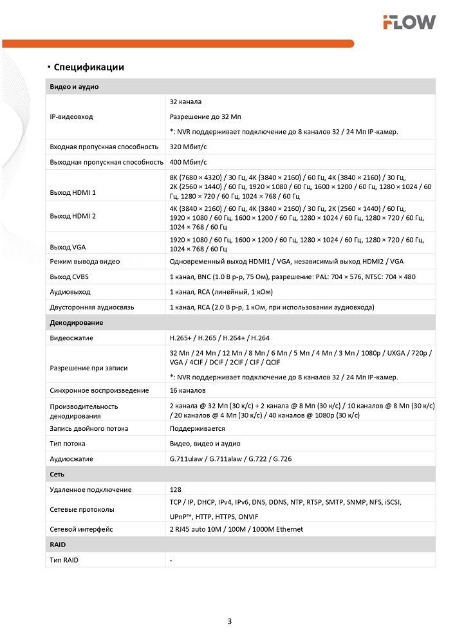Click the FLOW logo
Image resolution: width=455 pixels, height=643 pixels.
[409, 23]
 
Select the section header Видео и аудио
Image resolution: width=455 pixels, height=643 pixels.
[74, 86]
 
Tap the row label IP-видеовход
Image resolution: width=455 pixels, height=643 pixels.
[71, 117]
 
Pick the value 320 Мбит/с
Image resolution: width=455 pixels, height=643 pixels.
[188, 147]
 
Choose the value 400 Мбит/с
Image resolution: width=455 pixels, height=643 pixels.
[188, 162]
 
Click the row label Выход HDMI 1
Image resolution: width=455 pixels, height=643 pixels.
[73, 192]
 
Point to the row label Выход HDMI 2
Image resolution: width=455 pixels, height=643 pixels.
[73, 216]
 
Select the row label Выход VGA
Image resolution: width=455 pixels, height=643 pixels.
[68, 247]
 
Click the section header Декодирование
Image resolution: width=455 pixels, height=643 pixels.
[77, 322]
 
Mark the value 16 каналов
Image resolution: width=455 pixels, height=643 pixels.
[187, 390]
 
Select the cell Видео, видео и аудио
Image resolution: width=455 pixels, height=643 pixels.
[205, 444]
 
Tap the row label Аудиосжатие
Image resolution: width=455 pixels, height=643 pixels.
[71, 459]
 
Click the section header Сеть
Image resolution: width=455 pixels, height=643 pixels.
[57, 474]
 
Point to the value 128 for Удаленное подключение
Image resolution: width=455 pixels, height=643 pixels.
[176, 490]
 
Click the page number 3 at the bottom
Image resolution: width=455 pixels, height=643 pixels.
[230, 621]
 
